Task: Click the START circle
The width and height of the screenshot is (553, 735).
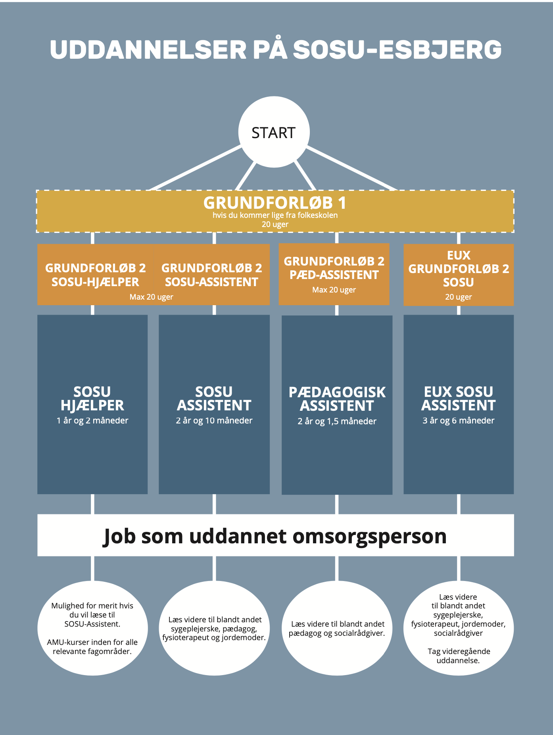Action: pyautogui.click(x=274, y=132)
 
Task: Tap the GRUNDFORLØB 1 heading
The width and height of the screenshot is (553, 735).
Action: pyautogui.click(x=275, y=203)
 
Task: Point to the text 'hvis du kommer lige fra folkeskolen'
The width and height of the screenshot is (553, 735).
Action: pyautogui.click(x=275, y=215)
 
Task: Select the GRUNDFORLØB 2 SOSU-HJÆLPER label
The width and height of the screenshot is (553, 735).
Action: pyautogui.click(x=95, y=275)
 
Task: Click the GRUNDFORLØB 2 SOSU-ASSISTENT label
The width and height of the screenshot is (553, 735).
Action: pyautogui.click(x=211, y=275)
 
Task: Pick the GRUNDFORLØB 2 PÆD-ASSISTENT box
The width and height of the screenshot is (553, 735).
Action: pyautogui.click(x=334, y=274)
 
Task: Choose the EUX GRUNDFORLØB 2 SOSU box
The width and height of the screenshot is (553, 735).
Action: pyautogui.click(x=459, y=275)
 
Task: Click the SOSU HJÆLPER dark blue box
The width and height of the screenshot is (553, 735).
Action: pyautogui.click(x=92, y=404)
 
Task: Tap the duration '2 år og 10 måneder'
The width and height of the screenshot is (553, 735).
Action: pyautogui.click(x=214, y=421)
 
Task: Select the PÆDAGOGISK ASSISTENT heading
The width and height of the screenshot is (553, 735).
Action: pyautogui.click(x=337, y=399)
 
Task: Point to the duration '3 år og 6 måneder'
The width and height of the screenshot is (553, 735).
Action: pyautogui.click(x=459, y=421)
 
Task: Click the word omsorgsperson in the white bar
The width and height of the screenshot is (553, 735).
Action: pyautogui.click(x=370, y=537)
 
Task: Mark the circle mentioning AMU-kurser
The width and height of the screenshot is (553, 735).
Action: pyautogui.click(x=92, y=628)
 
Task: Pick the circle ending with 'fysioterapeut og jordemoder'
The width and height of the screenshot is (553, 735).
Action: pyautogui.click(x=214, y=628)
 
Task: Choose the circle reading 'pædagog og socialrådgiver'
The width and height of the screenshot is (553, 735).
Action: pyautogui.click(x=337, y=628)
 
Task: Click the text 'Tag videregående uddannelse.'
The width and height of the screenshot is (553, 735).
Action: pyautogui.click(x=459, y=656)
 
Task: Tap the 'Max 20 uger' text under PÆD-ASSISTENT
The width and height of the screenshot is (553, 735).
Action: pyautogui.click(x=334, y=290)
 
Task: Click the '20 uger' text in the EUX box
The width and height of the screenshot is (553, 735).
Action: pyautogui.click(x=459, y=297)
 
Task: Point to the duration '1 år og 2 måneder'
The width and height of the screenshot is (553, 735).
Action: pyautogui.click(x=92, y=421)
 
